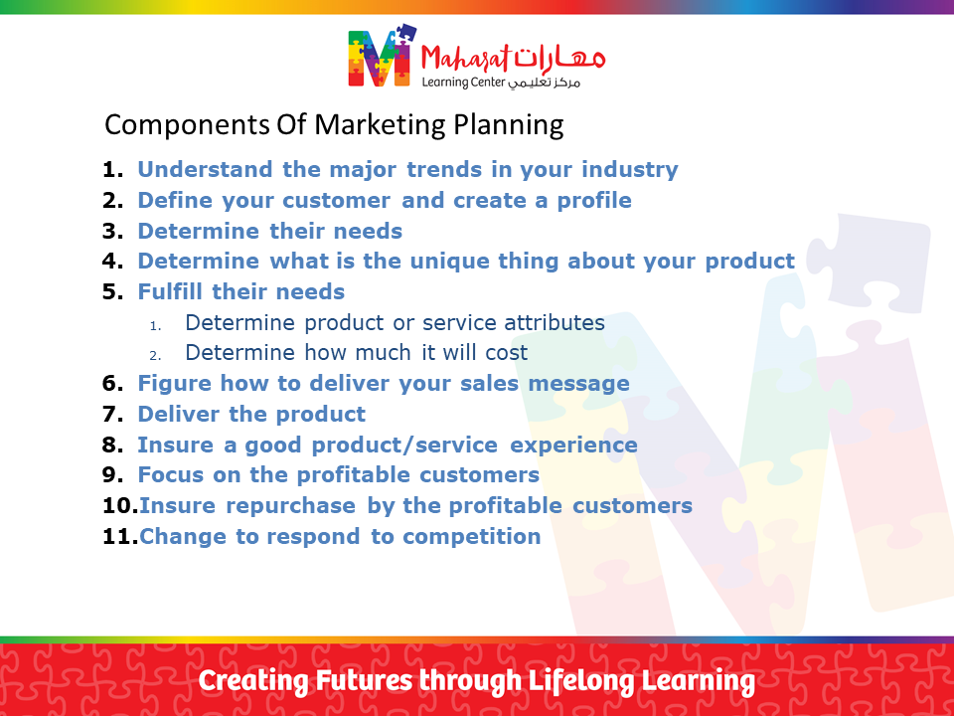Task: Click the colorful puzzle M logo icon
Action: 382,56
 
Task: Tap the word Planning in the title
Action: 509,125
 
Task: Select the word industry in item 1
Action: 630,170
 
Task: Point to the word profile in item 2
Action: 594,201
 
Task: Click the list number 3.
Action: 112,232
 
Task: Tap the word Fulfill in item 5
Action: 170,291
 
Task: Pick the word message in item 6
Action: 578,384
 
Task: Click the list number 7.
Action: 112,415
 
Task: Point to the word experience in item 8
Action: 573,446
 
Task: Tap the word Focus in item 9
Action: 170,475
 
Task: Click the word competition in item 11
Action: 471,537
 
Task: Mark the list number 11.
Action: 120,537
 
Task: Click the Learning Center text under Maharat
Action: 464,83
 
